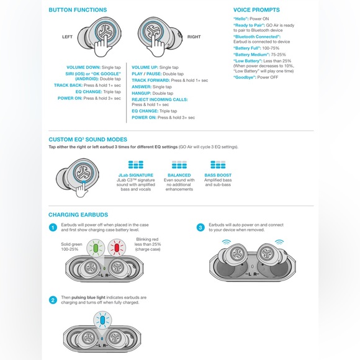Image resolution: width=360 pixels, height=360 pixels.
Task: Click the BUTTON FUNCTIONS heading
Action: [x=78, y=10]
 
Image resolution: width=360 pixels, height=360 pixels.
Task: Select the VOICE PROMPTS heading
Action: [x=256, y=10]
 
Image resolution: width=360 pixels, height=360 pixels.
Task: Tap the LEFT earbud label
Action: [x=68, y=37]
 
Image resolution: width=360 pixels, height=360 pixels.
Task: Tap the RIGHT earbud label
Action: [x=194, y=37]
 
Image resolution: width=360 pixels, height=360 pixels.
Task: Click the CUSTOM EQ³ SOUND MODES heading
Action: [x=88, y=140]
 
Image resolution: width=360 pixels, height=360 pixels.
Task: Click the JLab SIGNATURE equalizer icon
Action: [x=135, y=165]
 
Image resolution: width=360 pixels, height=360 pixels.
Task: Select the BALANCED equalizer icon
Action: [x=179, y=165]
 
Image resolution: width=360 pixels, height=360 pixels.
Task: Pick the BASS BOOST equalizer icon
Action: [x=217, y=165]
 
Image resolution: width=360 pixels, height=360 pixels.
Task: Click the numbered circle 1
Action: [x=53, y=227]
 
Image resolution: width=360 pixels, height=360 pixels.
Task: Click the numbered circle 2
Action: [x=53, y=300]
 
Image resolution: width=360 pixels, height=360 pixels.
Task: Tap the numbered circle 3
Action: [x=200, y=227]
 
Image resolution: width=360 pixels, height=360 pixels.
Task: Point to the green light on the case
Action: [x=97, y=248]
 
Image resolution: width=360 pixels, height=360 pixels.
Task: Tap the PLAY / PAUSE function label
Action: [x=146, y=73]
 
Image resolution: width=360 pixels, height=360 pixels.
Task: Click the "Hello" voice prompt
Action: [x=241, y=19]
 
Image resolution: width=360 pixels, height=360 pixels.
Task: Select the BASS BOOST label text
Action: [x=217, y=176]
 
